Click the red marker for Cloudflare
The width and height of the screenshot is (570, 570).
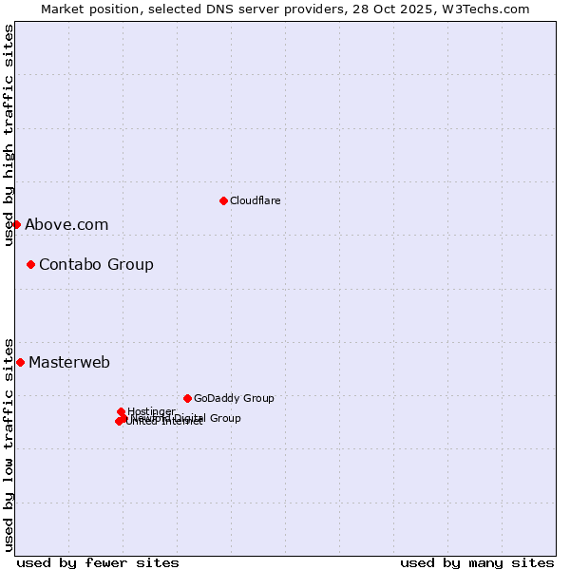pyautogui.click(x=223, y=200)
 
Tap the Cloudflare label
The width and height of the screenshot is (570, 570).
pyautogui.click(x=255, y=200)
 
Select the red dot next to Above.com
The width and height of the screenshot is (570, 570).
pyautogui.click(x=16, y=224)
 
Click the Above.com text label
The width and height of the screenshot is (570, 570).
pyautogui.click(x=66, y=225)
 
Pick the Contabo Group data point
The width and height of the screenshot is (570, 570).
pyautogui.click(x=30, y=264)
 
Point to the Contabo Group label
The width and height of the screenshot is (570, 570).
pyautogui.click(x=96, y=265)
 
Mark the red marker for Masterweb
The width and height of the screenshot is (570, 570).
pyautogui.click(x=20, y=362)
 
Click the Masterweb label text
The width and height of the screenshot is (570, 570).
pyautogui.click(x=69, y=363)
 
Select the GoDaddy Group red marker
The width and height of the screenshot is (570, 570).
pyautogui.click(x=187, y=398)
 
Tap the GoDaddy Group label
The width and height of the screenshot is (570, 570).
pyautogui.click(x=234, y=399)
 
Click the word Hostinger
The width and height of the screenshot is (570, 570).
pyautogui.click(x=151, y=411)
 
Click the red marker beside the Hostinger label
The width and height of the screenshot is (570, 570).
pyautogui.click(x=121, y=411)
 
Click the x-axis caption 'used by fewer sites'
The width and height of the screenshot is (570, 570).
pyautogui.click(x=98, y=563)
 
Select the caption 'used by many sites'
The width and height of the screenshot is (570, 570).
pyautogui.click(x=477, y=563)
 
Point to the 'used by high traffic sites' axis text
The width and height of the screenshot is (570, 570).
pyautogui.click(x=9, y=135)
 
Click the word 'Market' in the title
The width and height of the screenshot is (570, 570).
pyautogui.click(x=62, y=9)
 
